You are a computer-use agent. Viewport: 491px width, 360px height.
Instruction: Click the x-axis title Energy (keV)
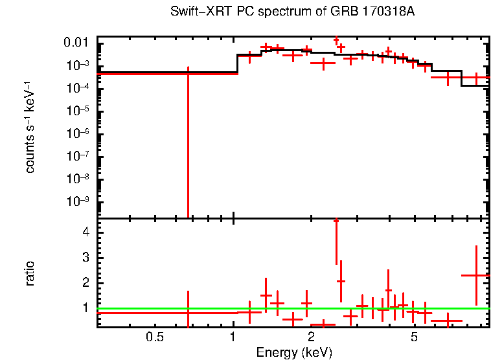click(x=294, y=353)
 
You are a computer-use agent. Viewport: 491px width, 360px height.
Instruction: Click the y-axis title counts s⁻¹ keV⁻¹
click(x=30, y=128)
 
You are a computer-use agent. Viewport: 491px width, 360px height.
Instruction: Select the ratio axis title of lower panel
click(x=30, y=273)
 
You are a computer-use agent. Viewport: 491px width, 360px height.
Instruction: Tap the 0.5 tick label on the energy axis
click(x=154, y=337)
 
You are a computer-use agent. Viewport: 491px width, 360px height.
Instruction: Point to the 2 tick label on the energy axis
click(x=311, y=337)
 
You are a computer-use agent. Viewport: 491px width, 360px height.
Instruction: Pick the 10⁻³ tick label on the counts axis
click(x=79, y=65)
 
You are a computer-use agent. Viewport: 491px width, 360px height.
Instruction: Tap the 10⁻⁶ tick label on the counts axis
click(x=79, y=133)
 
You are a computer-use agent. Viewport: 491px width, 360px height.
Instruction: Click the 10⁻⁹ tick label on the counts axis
click(x=79, y=201)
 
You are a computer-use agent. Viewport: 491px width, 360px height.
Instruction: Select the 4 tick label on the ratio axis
click(x=84, y=232)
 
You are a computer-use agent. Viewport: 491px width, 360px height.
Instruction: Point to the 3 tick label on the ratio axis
click(x=84, y=258)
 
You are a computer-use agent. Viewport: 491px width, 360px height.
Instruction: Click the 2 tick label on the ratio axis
click(x=84, y=283)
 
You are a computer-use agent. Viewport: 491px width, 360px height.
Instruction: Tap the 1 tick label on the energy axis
click(x=233, y=337)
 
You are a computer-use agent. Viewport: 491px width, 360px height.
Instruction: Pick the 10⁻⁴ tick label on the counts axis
click(x=79, y=88)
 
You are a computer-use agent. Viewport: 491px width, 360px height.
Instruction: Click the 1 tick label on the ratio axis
click(x=84, y=308)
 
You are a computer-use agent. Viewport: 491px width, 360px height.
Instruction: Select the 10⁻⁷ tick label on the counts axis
click(x=79, y=156)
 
